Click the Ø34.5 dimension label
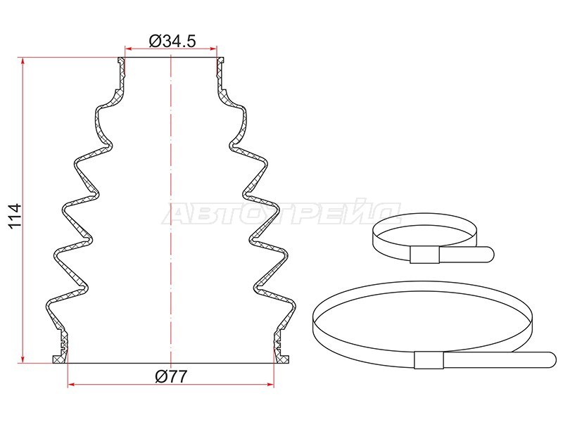point(172,41)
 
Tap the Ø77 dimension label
point(171,376)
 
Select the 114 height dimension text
point(15,216)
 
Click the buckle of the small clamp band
point(425,255)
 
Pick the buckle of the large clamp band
point(429,360)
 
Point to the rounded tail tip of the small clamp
point(490,255)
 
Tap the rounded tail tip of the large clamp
point(552,360)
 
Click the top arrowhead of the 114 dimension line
point(23,61)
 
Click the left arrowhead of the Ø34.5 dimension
point(129,49)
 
